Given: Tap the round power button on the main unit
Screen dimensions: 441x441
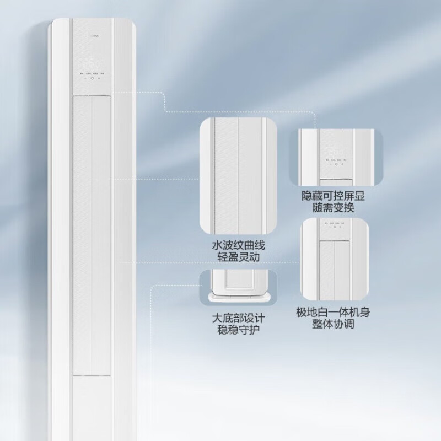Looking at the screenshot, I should [x=92, y=79].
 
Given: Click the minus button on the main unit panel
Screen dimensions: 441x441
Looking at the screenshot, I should [x=85, y=79].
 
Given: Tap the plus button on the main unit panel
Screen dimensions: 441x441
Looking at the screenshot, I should [x=100, y=79].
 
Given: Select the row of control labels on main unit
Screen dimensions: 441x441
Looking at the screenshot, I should [x=92, y=72].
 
